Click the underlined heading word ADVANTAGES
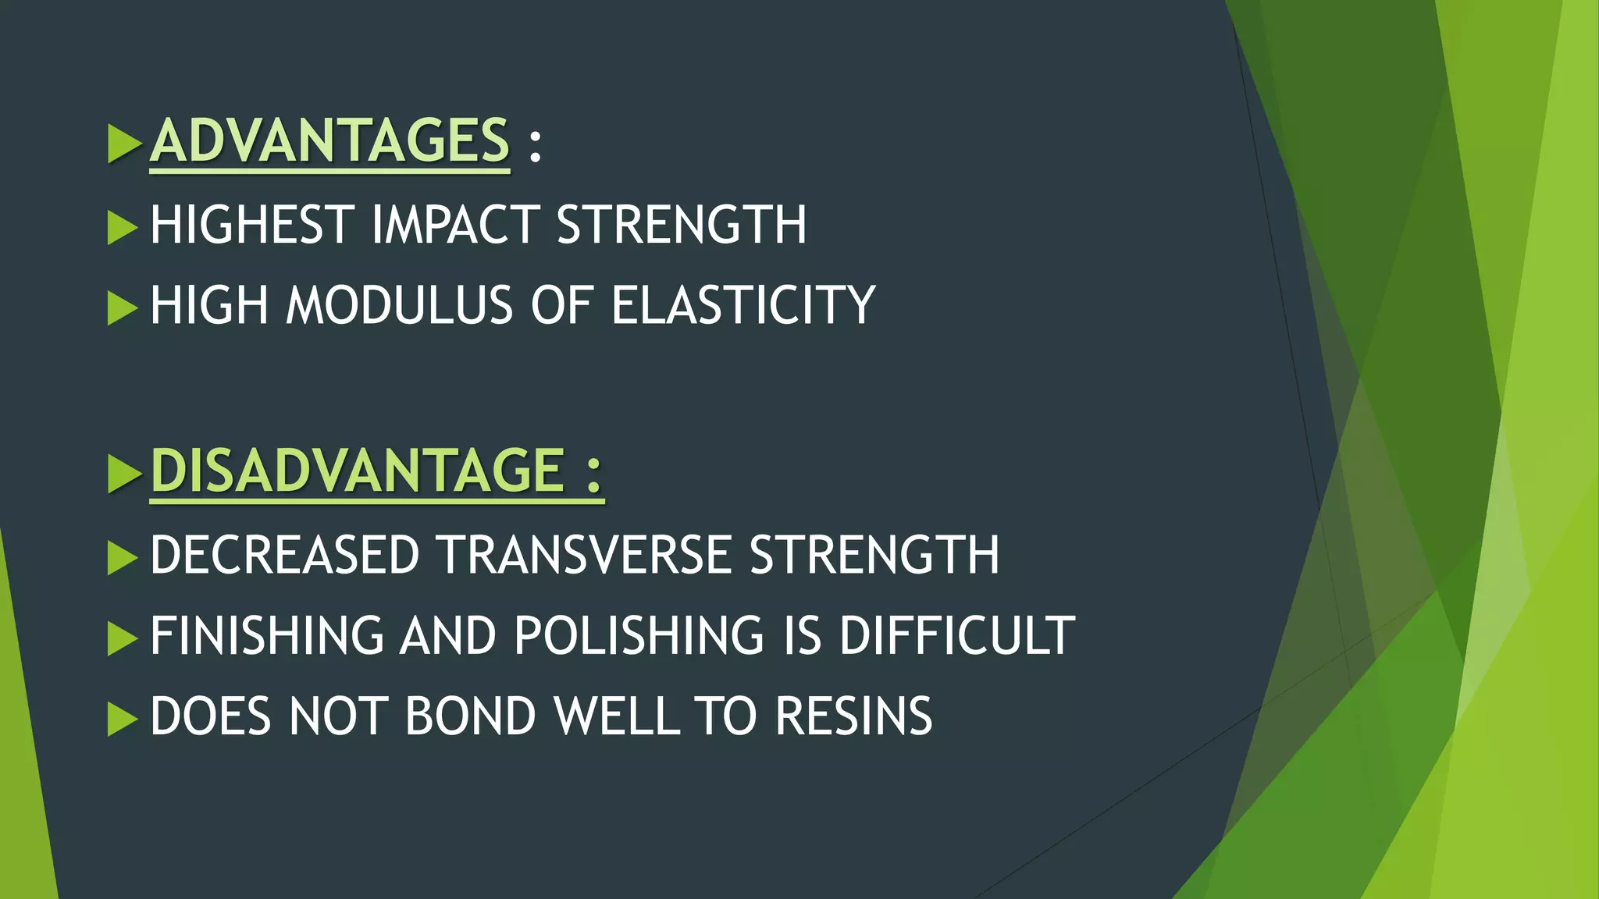[x=329, y=141]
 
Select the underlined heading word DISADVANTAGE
[x=358, y=471]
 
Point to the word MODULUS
[x=400, y=305]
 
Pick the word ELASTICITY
[x=743, y=305]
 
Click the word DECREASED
[x=285, y=556]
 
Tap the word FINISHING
[x=267, y=636]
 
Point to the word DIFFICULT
[x=957, y=636]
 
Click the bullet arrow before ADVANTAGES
[x=123, y=143]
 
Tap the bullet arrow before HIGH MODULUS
[x=122, y=307]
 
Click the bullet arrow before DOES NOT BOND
[x=122, y=719]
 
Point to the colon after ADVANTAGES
[x=535, y=144]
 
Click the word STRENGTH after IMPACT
[x=681, y=226]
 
